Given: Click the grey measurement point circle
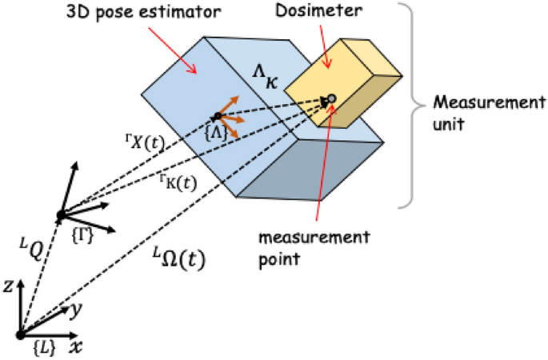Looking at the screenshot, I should (332, 98).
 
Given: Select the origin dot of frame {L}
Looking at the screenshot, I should (20, 334).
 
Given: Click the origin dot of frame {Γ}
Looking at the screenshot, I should (59, 214).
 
